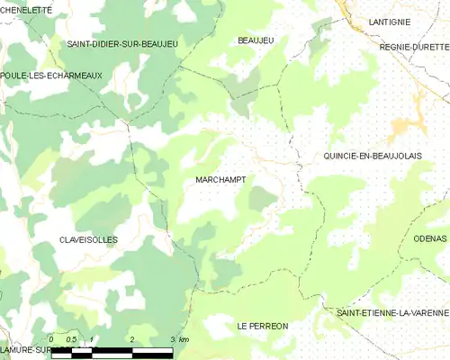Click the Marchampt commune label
(x=220, y=180)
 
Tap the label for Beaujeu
(x=255, y=40)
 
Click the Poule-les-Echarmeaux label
(x=51, y=76)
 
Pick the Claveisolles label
(x=87, y=240)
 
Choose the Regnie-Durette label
(x=414, y=46)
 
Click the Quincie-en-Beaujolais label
(x=373, y=156)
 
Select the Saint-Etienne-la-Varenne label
(x=391, y=312)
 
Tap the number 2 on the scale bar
(x=132, y=339)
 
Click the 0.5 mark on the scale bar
(x=72, y=339)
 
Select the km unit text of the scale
(x=184, y=339)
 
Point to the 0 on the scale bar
(x=52, y=339)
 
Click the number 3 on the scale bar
(x=172, y=339)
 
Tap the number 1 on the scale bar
(x=93, y=339)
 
